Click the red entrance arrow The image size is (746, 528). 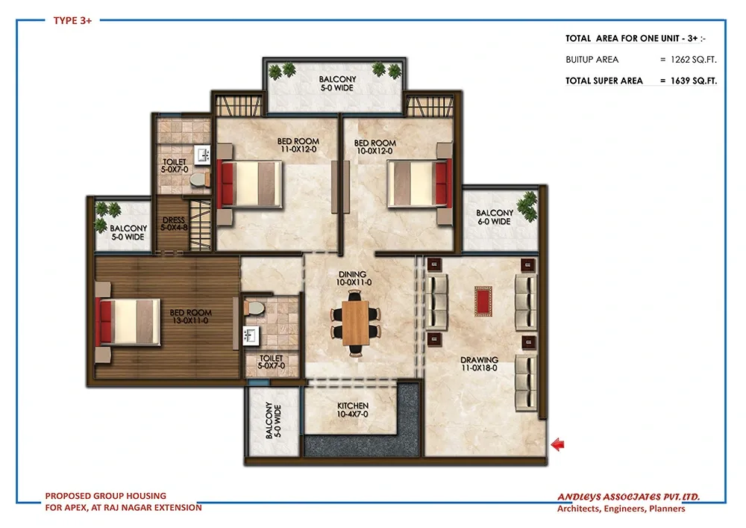[557, 444]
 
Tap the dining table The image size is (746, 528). [355, 323]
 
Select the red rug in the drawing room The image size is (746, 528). [483, 301]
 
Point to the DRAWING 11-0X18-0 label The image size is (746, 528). [479, 364]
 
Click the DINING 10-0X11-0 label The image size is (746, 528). [354, 278]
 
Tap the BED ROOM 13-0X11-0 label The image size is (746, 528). [190, 317]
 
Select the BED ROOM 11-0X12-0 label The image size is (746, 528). [298, 145]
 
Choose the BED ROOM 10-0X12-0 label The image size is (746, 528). [375, 146]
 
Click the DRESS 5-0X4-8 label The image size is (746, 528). [174, 224]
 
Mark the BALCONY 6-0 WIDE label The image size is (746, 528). [495, 217]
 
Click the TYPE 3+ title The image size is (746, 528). [72, 20]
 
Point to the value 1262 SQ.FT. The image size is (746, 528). [693, 60]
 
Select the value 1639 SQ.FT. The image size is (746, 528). [693, 81]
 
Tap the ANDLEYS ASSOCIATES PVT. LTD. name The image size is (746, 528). [628, 497]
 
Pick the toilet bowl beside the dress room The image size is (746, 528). [199, 180]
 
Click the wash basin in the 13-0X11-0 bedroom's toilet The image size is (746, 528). [251, 335]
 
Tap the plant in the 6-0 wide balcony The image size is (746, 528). [527, 207]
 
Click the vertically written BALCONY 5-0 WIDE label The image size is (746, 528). [273, 421]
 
